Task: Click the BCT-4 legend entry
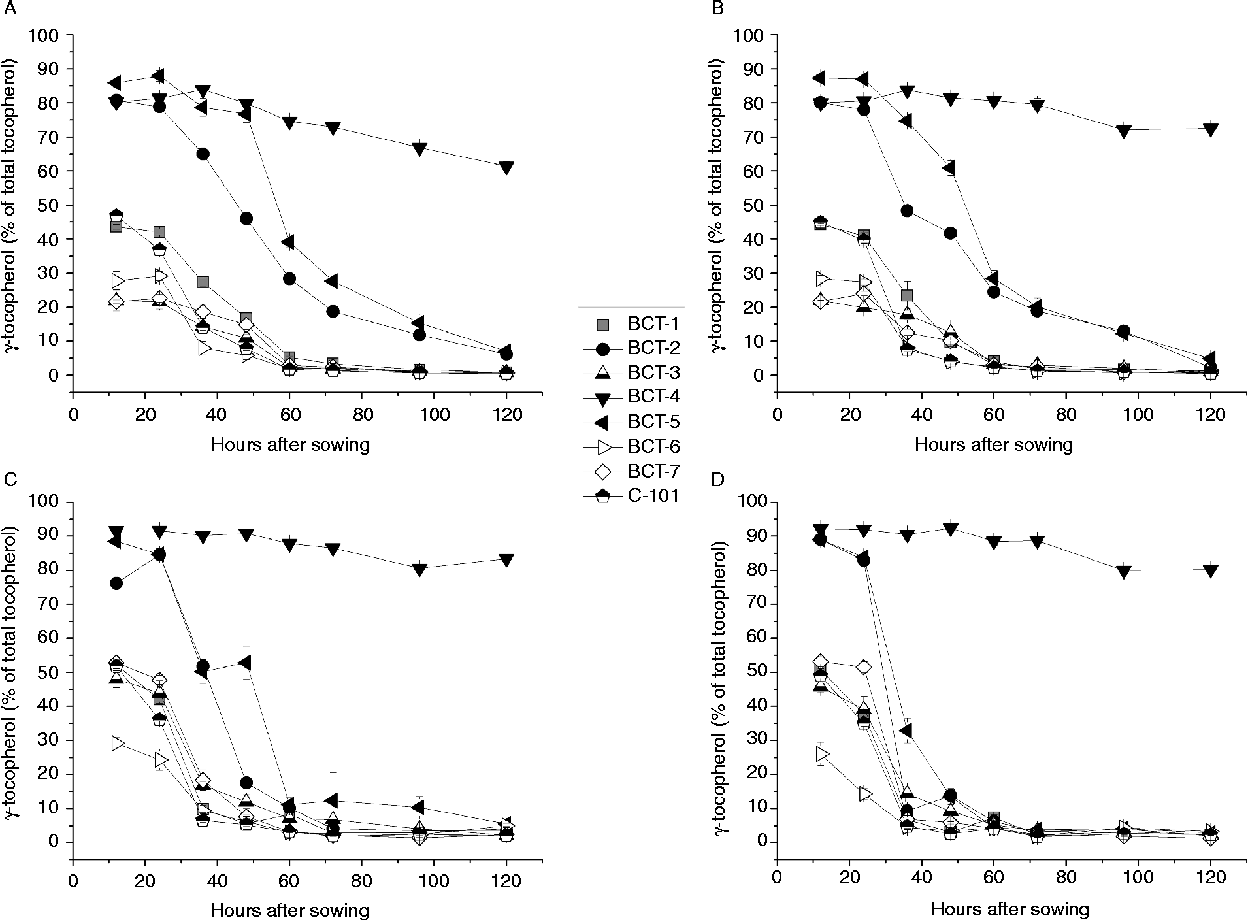pos(631,397)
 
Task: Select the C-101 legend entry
pos(631,496)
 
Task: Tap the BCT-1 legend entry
pos(631,322)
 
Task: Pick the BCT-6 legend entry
pos(631,446)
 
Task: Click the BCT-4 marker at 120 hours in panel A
pos(506,167)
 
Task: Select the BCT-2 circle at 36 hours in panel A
pos(203,154)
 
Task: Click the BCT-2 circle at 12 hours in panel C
pos(116,583)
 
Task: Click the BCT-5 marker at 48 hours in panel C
pos(246,663)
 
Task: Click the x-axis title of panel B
pos(993,446)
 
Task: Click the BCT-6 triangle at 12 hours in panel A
pos(117,281)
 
